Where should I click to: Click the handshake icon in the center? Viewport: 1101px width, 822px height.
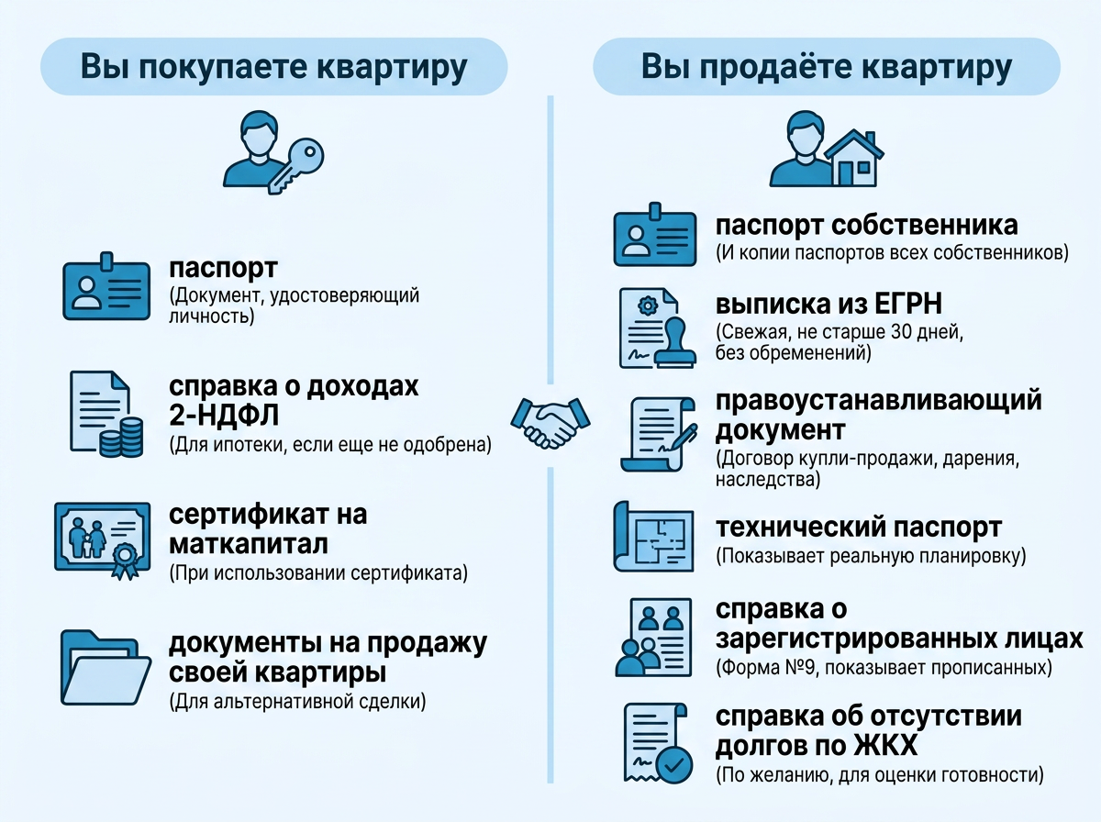(x=550, y=423)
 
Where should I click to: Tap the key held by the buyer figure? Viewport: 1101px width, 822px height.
(x=296, y=165)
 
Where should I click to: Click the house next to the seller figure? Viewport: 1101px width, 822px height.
(x=854, y=158)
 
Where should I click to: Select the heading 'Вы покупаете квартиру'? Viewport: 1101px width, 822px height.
(x=273, y=67)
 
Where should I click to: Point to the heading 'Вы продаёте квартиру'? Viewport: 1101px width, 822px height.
(x=827, y=67)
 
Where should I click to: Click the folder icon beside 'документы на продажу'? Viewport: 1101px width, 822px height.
(x=106, y=668)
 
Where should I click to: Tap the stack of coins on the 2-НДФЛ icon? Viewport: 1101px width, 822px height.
(x=121, y=438)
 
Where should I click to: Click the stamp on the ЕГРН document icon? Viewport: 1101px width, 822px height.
(x=675, y=343)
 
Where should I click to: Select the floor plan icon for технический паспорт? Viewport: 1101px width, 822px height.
(x=654, y=537)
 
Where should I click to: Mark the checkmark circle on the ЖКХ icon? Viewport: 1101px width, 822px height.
(x=674, y=765)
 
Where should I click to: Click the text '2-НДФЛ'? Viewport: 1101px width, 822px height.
(x=224, y=416)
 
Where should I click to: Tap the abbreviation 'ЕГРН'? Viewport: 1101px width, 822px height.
(x=908, y=304)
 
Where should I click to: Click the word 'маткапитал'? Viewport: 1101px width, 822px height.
(x=249, y=544)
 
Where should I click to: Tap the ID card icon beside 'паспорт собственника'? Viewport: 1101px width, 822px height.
(x=655, y=235)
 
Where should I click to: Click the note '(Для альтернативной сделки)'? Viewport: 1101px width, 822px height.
(x=297, y=701)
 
